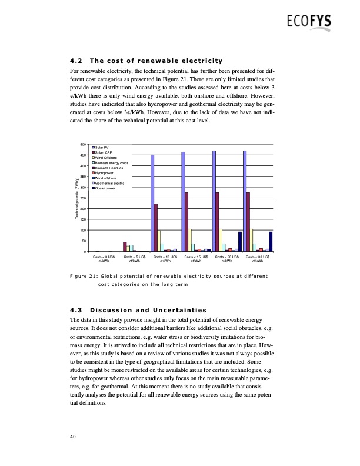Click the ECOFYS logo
tap(309, 23)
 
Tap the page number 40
tap(73, 436)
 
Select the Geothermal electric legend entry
tap(109, 183)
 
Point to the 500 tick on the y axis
tap(82, 144)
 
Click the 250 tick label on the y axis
tap(82, 198)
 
